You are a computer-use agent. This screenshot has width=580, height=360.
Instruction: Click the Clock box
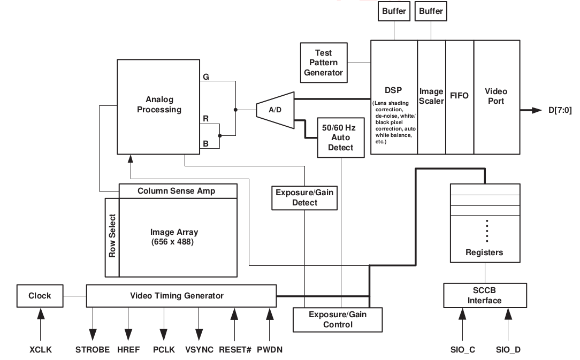[x=40, y=296]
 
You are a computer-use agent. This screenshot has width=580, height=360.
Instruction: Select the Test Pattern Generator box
[x=323, y=63]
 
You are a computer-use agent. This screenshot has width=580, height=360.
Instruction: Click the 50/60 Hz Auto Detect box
[x=341, y=137]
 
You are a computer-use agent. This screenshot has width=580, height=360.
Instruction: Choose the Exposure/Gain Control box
[x=338, y=319]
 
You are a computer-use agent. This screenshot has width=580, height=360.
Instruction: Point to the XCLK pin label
[x=40, y=350]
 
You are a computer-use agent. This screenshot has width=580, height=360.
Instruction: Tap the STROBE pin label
[x=93, y=350]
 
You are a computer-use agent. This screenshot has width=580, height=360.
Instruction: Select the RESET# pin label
[x=234, y=350]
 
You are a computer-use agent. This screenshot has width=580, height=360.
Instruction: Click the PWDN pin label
[x=269, y=350]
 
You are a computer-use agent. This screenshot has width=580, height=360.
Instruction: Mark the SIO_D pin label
[x=508, y=350]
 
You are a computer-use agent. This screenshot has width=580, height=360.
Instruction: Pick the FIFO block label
[x=459, y=96]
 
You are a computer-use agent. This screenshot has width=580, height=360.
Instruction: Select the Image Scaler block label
[x=431, y=96]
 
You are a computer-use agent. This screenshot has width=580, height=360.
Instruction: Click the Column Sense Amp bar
[x=177, y=190]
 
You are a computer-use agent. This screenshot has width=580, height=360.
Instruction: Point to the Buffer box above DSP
[x=394, y=11]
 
